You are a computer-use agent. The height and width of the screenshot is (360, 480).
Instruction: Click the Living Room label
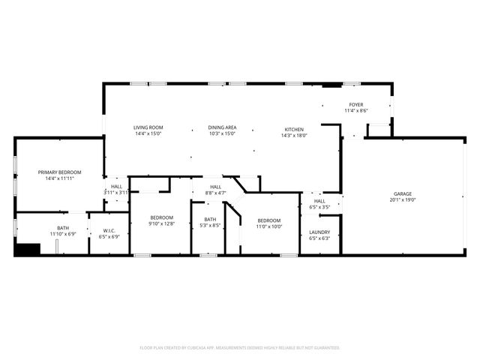148,127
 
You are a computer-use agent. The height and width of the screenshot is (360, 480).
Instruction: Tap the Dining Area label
223,127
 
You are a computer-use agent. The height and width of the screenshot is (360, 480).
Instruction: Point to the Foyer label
356,104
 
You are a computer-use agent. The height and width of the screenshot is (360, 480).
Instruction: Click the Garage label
403,193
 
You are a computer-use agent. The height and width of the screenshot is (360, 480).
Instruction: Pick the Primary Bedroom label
60,172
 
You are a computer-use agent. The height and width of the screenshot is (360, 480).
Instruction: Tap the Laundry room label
319,232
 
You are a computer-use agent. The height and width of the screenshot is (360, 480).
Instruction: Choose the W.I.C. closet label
109,230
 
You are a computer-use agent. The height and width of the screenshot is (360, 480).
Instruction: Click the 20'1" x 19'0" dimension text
403,199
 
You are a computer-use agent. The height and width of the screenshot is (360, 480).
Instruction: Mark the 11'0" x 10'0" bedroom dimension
269,226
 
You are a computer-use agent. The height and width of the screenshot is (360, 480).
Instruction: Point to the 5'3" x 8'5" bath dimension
210,225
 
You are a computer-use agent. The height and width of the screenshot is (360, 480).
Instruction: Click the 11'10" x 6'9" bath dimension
64,234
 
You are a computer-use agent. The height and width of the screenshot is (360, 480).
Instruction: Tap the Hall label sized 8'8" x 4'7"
215,187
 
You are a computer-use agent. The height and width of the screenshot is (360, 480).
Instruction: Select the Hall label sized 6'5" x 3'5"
319,201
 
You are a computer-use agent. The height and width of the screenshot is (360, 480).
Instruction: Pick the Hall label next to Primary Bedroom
116,186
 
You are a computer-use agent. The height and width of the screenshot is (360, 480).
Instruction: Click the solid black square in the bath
28,250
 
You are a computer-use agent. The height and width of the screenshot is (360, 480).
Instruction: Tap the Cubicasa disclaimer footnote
240,348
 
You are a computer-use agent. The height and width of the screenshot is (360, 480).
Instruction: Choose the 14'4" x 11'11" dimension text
60,178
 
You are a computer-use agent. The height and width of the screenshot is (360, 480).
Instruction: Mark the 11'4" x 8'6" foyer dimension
356,111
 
